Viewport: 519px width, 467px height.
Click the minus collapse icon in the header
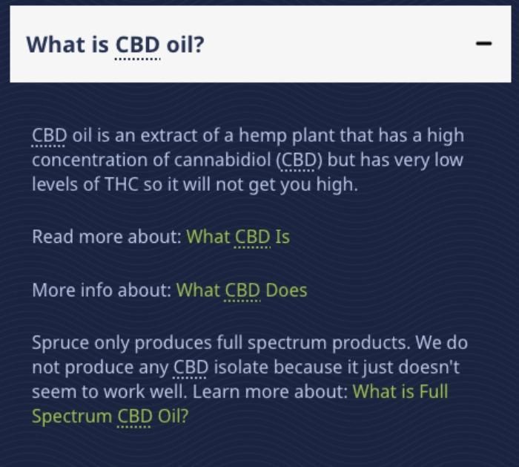[x=483, y=43]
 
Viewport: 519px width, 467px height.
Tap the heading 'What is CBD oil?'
[x=115, y=45]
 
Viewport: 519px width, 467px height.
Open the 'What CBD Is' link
[x=238, y=237]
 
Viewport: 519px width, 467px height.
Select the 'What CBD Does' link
[x=242, y=290]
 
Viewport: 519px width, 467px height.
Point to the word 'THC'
[x=121, y=184]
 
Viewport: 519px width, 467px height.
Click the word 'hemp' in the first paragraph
[x=262, y=136]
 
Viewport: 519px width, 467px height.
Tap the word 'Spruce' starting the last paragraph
[x=61, y=343]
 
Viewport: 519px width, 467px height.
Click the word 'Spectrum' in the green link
[x=72, y=417]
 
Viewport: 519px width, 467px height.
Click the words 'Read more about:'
[x=107, y=237]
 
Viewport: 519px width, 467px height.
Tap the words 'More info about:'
[x=102, y=290]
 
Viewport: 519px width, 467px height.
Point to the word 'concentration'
[x=90, y=160]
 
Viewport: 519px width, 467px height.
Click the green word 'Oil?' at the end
[x=173, y=416]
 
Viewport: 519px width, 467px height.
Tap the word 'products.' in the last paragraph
[x=371, y=343]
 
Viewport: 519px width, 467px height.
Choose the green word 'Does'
[x=286, y=290]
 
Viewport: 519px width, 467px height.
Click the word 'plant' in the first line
[x=313, y=136]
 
